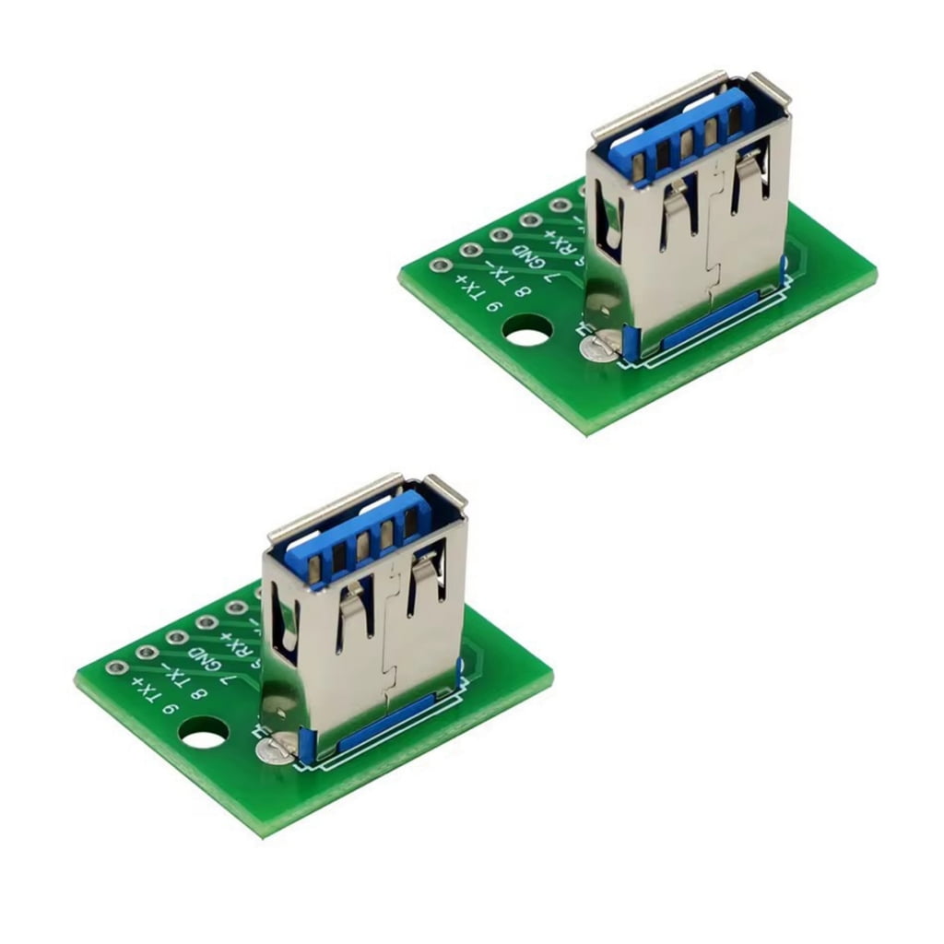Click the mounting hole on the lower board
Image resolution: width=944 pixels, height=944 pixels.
tap(204, 734)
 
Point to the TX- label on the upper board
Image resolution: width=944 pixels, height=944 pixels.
tap(501, 274)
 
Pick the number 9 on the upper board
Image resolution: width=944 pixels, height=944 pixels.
tap(493, 307)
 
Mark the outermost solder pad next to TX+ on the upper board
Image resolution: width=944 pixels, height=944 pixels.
tap(440, 265)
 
